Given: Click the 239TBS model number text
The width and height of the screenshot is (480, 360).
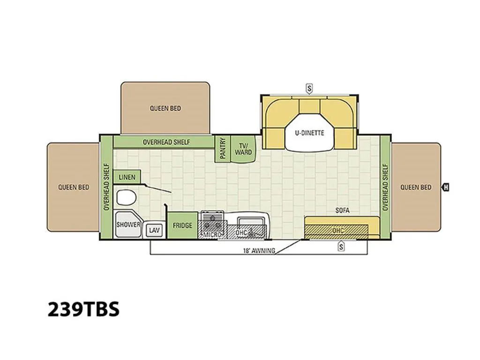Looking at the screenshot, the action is [x=83, y=309].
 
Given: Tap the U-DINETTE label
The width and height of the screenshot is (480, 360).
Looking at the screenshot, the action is [x=309, y=133].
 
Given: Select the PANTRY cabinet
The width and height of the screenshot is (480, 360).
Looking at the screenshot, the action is [x=223, y=148].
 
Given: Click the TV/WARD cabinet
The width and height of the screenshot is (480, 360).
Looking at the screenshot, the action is [x=243, y=149].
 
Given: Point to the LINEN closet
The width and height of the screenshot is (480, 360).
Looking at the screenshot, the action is [x=127, y=177].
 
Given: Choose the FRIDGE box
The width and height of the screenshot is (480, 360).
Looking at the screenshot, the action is [x=182, y=225].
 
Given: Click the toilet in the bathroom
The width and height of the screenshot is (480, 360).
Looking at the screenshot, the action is [x=126, y=197].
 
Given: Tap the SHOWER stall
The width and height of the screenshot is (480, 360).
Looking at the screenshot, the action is [x=128, y=225].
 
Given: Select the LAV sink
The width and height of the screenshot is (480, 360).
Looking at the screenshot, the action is [x=154, y=230].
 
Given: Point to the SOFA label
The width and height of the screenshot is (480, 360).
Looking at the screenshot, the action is [x=342, y=210].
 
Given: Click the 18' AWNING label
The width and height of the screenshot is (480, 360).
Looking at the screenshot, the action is [x=259, y=251].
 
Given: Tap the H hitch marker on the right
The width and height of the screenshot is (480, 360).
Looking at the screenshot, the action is [x=446, y=187].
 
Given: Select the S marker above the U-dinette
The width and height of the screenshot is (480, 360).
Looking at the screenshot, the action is [x=309, y=89].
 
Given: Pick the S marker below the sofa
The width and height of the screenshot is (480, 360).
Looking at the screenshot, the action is [x=341, y=247].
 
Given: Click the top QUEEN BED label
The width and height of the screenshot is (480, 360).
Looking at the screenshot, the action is [x=165, y=108].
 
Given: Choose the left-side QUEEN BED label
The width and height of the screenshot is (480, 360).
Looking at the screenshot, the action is [x=74, y=187].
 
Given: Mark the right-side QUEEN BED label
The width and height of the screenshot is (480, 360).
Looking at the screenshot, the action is [x=416, y=187].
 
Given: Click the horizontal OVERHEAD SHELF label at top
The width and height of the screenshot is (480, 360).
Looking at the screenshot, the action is [x=166, y=142].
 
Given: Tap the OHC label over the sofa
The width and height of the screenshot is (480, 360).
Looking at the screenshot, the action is [x=338, y=230].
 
